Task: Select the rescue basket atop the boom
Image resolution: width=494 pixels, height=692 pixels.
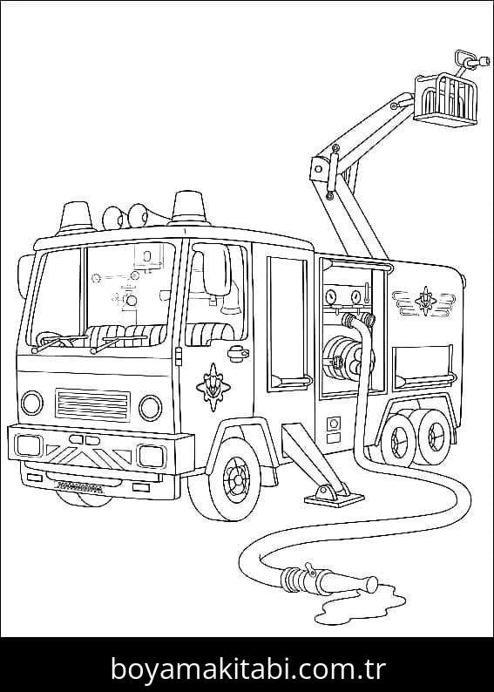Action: (445, 99)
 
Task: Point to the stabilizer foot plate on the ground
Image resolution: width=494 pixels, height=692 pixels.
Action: (334, 499)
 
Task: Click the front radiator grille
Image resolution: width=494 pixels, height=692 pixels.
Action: (92, 405)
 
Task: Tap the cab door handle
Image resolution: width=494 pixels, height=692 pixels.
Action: (238, 353)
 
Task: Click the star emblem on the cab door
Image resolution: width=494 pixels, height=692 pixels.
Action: (213, 387)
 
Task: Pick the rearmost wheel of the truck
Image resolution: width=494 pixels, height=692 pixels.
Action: (436, 437)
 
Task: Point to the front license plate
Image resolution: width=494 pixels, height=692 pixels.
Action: (78, 487)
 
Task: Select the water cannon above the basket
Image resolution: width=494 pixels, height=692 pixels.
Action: (471, 61)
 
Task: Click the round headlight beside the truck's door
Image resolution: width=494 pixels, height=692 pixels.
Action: (151, 408)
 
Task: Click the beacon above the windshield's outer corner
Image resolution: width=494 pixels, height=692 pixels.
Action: (75, 218)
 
